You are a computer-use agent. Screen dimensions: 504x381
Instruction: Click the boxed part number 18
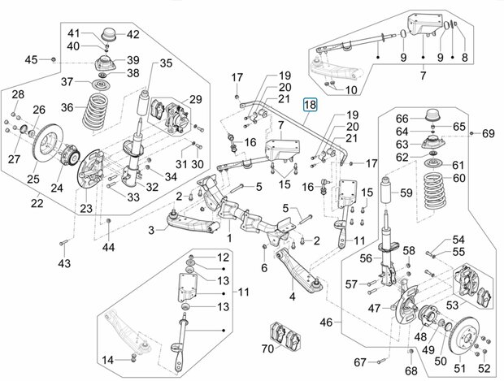coord(311,105)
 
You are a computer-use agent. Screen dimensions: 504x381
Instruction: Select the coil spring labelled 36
coord(95,111)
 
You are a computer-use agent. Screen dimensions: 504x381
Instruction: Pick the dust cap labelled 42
coord(108,35)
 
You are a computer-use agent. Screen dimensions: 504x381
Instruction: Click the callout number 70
coord(267,349)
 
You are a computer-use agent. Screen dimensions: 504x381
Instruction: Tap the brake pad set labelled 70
coord(285,336)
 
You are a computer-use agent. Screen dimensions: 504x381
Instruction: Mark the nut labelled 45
coord(54,59)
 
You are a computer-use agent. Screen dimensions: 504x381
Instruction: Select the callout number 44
coord(109,247)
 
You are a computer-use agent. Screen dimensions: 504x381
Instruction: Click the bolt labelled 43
coord(63,243)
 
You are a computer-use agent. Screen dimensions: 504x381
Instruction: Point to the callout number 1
coord(229,238)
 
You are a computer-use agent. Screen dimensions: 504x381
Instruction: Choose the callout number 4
coord(292,297)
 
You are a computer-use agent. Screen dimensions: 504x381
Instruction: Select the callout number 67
coord(360,362)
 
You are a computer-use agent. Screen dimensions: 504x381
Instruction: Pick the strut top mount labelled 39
coord(105,64)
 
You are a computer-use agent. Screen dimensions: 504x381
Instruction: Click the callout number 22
coord(37,203)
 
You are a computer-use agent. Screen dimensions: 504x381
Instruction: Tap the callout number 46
coord(326,322)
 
